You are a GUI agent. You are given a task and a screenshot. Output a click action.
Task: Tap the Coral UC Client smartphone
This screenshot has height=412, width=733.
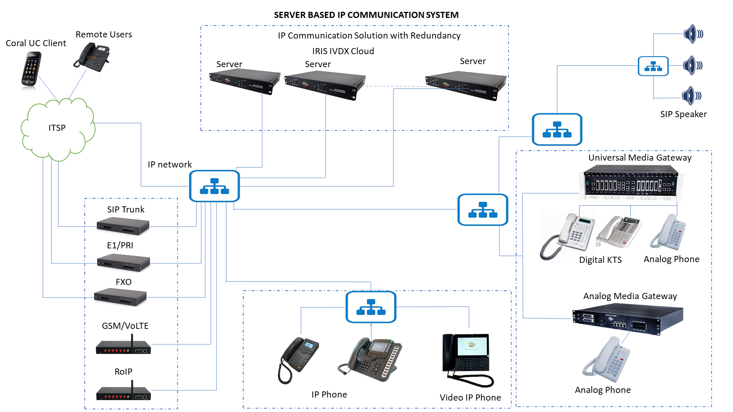click(x=31, y=69)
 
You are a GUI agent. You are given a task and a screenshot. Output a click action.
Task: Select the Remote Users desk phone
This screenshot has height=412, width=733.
click(x=92, y=57)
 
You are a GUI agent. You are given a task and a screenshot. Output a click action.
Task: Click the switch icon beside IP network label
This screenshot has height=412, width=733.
click(x=214, y=186)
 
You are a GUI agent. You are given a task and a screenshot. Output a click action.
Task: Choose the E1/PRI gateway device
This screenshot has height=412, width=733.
click(x=123, y=262)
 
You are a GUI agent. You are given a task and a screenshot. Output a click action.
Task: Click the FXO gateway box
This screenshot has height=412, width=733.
click(x=120, y=296)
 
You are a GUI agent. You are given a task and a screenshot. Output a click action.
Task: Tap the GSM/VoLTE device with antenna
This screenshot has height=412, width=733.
click(x=123, y=346)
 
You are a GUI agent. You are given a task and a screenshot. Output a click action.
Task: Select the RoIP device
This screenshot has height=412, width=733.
click(x=123, y=392)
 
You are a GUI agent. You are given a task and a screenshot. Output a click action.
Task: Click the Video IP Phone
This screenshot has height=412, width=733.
click(x=467, y=359)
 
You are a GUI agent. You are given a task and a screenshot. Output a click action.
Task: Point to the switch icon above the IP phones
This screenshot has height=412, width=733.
click(x=371, y=307)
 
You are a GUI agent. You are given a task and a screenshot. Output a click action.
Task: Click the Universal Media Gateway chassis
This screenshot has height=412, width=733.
click(x=631, y=182)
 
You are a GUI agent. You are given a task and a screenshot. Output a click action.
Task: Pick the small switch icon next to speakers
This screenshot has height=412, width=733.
click(x=653, y=66)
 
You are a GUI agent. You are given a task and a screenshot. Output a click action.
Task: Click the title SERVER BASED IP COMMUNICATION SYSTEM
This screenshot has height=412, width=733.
click(x=366, y=15)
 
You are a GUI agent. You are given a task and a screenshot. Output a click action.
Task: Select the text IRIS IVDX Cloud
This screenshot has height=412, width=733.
click(x=343, y=51)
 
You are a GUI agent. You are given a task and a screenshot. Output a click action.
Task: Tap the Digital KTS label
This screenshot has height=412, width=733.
click(x=600, y=260)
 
